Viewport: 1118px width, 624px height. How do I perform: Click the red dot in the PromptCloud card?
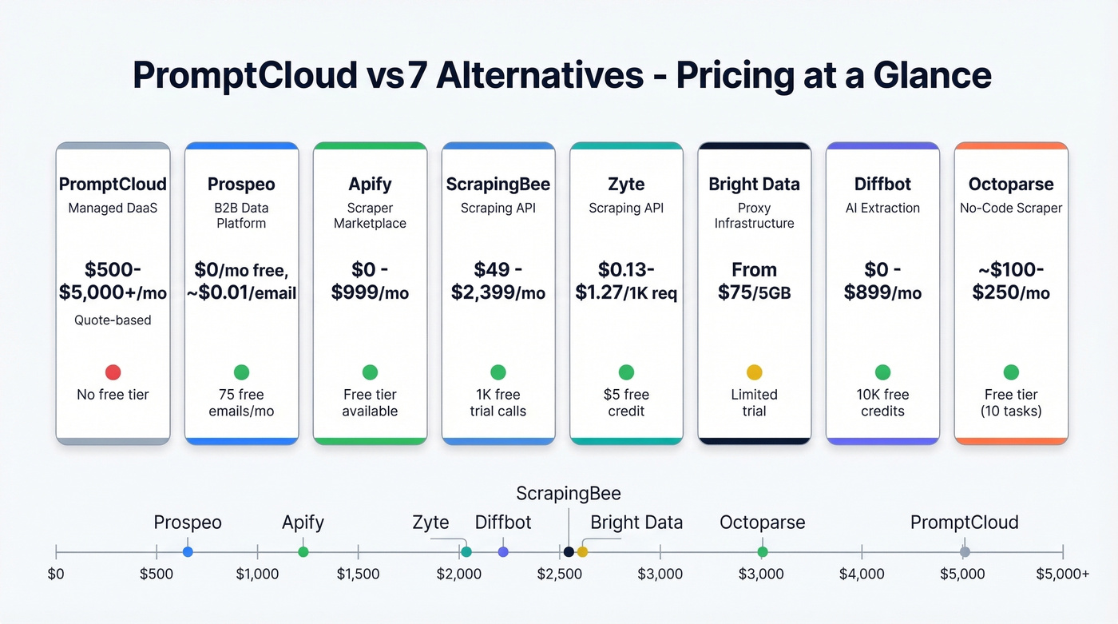pos(113,372)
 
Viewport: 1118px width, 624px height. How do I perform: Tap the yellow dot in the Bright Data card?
pos(754,372)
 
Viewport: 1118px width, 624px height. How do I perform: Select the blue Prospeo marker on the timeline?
pos(188,552)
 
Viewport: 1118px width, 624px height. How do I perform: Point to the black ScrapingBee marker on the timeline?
pos(569,552)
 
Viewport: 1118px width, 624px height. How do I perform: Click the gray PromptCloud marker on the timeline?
pos(965,552)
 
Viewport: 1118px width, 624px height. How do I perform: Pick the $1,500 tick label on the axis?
pos(358,574)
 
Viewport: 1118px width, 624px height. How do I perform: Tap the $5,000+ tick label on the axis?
pos(1062,574)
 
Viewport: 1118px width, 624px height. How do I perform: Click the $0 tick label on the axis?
pos(56,574)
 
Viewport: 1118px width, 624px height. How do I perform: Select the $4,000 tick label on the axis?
pos(862,574)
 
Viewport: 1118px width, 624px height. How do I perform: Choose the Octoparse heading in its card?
pos(1010,185)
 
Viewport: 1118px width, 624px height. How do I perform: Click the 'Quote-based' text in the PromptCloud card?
pos(113,320)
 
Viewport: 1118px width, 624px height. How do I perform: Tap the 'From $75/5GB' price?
pos(754,281)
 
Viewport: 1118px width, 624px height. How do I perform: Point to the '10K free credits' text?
pos(882,403)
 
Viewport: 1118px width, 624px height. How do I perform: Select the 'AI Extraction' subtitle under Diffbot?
pos(882,209)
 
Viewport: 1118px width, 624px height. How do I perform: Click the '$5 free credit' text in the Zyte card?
pos(626,403)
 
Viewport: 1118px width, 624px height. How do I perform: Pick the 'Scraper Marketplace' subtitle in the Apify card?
pos(370,216)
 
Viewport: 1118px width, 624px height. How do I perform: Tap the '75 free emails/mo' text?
pos(241,403)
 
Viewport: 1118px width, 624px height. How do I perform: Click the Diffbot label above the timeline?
pos(503,523)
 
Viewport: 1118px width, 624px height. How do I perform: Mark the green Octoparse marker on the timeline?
pos(763,552)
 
